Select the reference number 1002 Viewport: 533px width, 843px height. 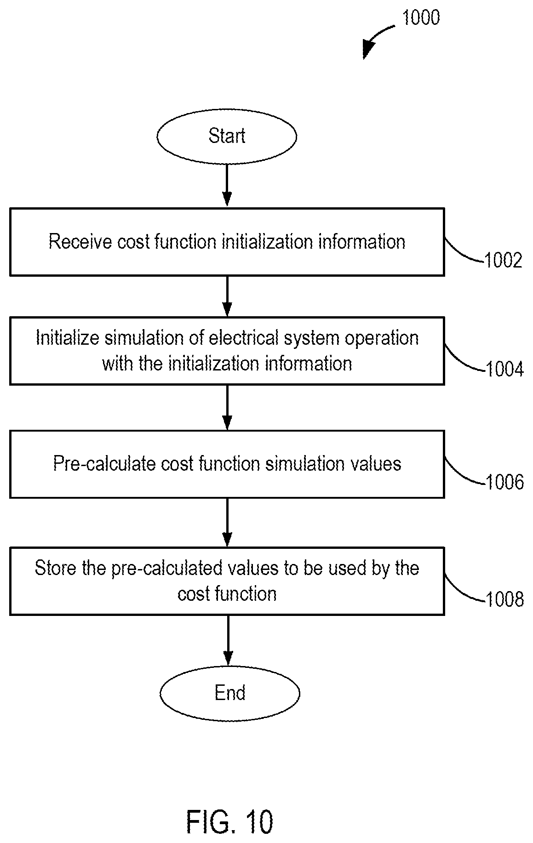tap(504, 261)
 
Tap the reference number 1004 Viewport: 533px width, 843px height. tap(504, 369)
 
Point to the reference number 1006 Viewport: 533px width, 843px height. tap(504, 482)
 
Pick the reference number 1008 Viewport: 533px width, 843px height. tap(504, 599)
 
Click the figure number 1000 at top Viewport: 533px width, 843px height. tap(421, 17)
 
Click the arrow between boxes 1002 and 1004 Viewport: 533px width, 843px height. tap(227, 296)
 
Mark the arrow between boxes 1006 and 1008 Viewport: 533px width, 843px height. tap(227, 523)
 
